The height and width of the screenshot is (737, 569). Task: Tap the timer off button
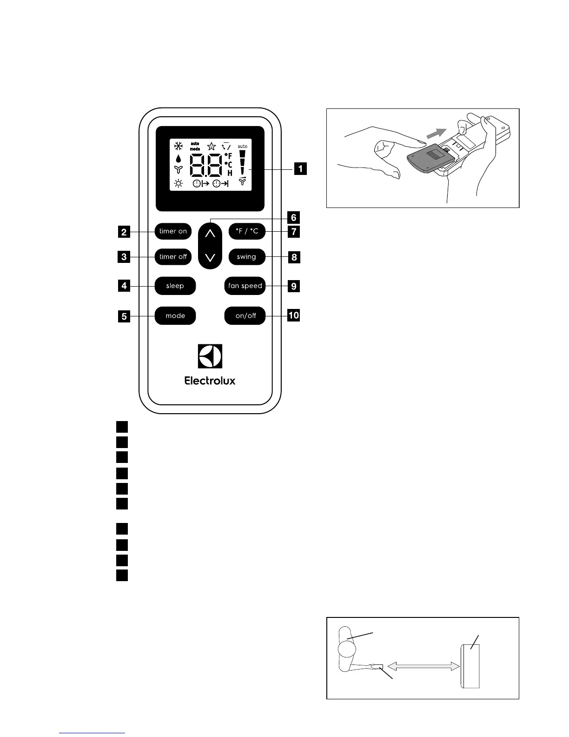tap(173, 257)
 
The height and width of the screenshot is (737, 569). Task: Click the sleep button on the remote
tap(175, 286)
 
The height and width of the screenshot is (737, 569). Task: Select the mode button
tap(175, 316)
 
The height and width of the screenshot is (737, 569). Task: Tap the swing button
tap(246, 257)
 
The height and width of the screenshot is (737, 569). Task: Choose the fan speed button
tap(245, 286)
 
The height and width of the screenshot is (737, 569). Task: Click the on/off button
tap(245, 316)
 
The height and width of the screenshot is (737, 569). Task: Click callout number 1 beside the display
tap(300, 168)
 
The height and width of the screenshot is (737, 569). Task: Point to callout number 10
tap(294, 315)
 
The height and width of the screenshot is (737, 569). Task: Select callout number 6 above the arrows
tap(294, 217)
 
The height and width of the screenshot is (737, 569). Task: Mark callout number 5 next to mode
tap(124, 317)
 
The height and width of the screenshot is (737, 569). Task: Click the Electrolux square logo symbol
tap(210, 356)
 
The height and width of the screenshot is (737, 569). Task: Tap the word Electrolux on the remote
tap(210, 381)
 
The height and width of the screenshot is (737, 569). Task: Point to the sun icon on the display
tap(179, 183)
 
